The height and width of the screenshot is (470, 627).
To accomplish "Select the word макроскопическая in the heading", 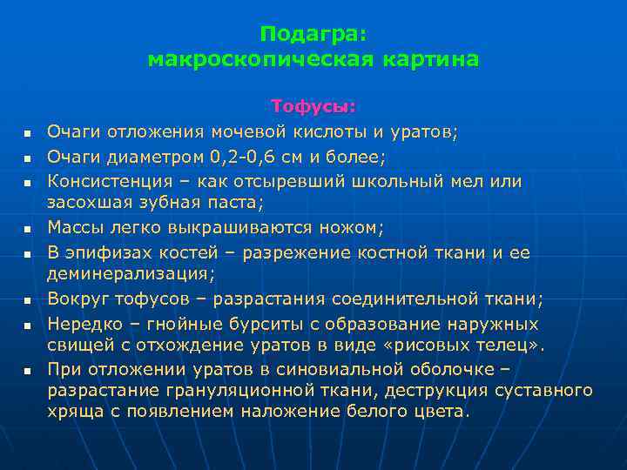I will tap(260, 59).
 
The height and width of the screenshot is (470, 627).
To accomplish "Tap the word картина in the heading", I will tap(430, 59).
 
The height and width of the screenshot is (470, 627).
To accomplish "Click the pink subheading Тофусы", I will tap(313, 106).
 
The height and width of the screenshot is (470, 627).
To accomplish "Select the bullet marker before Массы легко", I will tap(28, 229).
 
